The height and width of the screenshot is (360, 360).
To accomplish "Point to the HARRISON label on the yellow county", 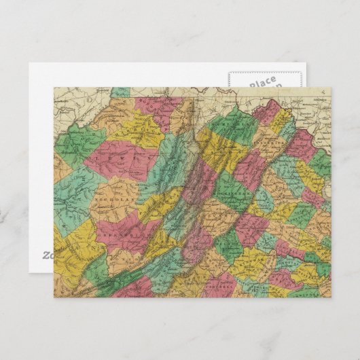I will coord(136,127).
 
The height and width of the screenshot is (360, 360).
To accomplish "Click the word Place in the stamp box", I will coord(262,83).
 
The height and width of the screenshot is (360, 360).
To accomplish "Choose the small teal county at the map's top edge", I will coord(121,91).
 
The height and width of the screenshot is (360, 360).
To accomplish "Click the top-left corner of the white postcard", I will coord(30,64).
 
